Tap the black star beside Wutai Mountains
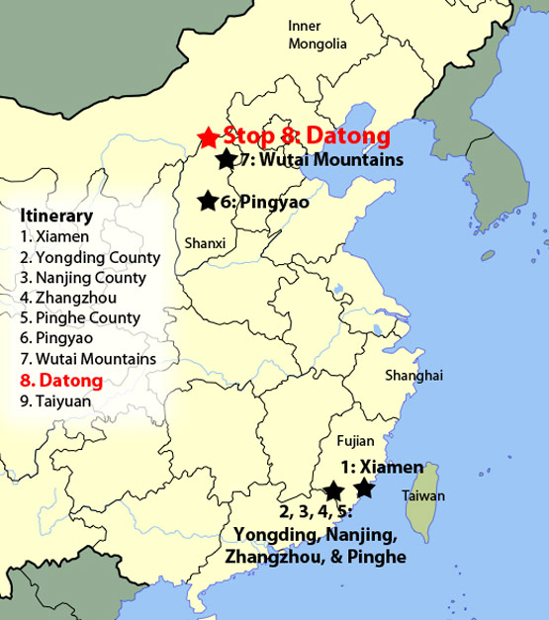click(227, 159)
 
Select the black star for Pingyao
click(208, 202)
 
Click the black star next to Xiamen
click(365, 487)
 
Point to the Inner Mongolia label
click(318, 35)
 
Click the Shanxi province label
click(205, 243)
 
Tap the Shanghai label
click(415, 376)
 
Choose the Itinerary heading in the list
click(56, 216)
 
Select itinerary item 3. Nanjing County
click(83, 278)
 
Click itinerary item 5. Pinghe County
click(80, 318)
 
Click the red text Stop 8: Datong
click(307, 135)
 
